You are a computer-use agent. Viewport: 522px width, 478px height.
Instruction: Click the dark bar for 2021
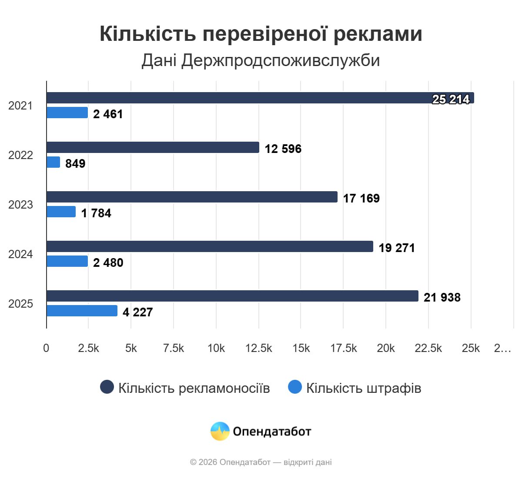click(x=260, y=98)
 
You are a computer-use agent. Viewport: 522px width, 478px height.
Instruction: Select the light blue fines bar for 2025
click(x=82, y=311)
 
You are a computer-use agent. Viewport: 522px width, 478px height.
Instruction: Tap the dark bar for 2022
click(x=153, y=147)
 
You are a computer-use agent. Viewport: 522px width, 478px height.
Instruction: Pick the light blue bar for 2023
click(x=61, y=212)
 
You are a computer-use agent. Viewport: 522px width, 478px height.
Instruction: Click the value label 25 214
click(x=451, y=100)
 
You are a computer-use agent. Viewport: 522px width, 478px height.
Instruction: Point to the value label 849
click(x=75, y=163)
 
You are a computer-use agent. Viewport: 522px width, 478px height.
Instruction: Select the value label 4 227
click(x=137, y=312)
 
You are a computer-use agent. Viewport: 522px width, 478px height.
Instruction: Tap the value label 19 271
click(x=397, y=248)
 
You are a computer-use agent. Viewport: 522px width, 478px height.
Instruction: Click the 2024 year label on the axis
click(x=20, y=254)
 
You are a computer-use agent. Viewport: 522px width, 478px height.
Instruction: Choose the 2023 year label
click(x=20, y=205)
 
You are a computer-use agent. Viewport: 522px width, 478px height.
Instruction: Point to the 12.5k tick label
click(x=258, y=348)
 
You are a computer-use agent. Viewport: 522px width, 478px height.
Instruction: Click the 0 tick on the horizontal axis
click(x=46, y=348)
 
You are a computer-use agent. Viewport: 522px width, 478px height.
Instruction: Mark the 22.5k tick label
click(x=428, y=348)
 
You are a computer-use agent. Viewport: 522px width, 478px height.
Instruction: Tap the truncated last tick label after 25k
click(x=502, y=348)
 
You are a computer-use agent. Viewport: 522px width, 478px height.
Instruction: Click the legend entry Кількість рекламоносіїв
click(x=194, y=388)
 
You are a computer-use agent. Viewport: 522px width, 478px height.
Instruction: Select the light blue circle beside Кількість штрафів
click(x=295, y=387)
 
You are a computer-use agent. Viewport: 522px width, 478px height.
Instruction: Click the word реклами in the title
click(x=378, y=34)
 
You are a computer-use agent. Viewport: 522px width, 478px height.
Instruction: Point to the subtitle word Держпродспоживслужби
click(x=281, y=60)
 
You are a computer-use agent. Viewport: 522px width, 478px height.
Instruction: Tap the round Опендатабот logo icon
click(x=220, y=431)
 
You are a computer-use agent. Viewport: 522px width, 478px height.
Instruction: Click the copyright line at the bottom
click(x=261, y=462)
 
